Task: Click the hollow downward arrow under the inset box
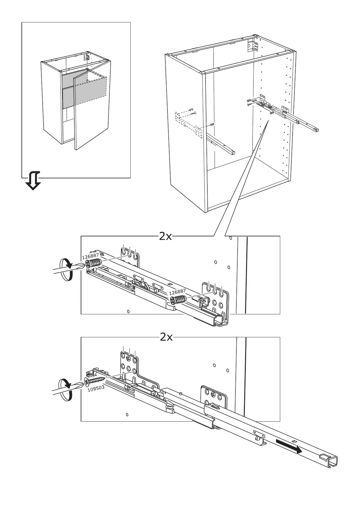coord(33,180)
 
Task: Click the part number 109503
coord(96,388)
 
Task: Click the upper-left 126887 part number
coord(90,257)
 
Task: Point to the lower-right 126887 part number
coord(177,291)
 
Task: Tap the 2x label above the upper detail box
coord(165,237)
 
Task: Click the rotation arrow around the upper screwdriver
coord(66,270)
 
